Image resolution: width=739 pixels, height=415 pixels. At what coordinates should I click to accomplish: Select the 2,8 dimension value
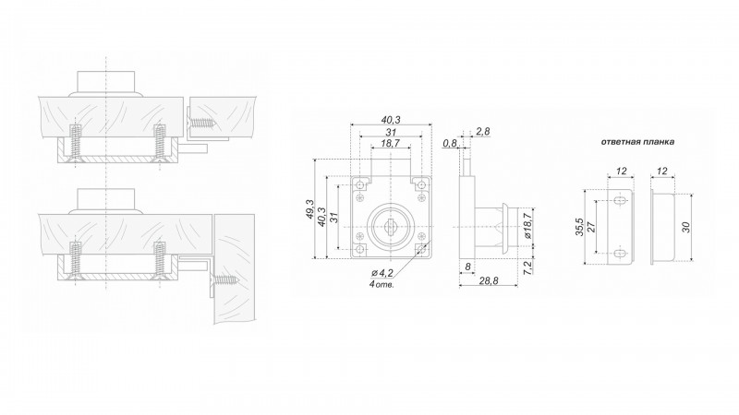tap(482, 132)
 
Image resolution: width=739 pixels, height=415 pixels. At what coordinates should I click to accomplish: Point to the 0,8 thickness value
tap(450, 143)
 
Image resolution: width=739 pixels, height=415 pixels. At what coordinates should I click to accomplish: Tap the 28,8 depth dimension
tap(489, 281)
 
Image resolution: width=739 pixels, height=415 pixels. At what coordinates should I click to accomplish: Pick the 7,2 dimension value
tap(527, 267)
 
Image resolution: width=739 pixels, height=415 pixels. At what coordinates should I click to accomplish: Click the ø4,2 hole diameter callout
tap(382, 272)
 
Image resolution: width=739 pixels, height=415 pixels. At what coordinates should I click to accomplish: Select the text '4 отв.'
tap(382, 284)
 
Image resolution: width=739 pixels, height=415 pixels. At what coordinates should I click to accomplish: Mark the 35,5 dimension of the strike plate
tap(580, 227)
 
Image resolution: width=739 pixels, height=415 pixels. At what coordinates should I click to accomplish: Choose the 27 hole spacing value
tap(592, 227)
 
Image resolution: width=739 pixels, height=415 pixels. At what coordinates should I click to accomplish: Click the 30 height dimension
tap(685, 227)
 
